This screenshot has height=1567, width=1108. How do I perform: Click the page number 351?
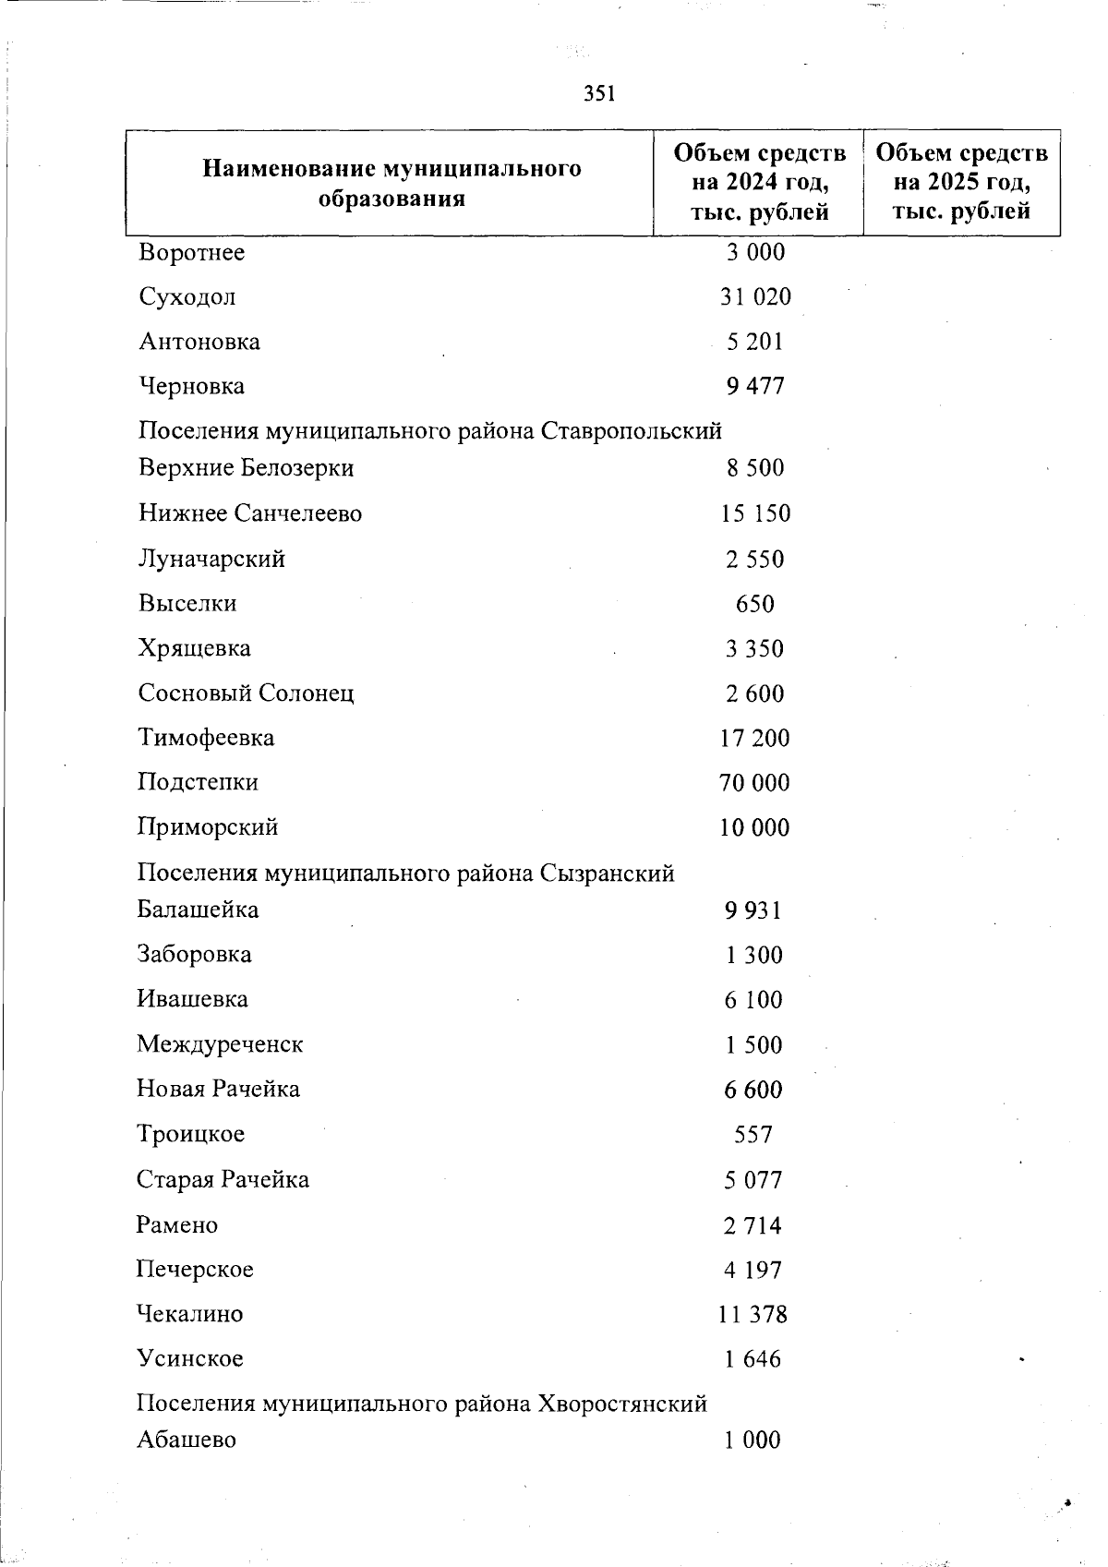click(x=600, y=93)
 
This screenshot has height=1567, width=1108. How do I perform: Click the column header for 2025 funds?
click(x=961, y=182)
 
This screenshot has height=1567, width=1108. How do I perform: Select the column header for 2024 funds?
click(x=759, y=182)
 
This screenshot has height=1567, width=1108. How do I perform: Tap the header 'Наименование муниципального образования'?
click(x=391, y=183)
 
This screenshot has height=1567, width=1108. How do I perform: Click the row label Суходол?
click(x=187, y=296)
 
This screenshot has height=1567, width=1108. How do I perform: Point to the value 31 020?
click(x=755, y=296)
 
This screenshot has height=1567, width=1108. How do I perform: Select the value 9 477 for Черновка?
click(x=755, y=386)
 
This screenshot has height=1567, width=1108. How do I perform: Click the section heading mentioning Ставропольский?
click(x=429, y=430)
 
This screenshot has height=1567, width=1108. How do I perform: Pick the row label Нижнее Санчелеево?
click(x=250, y=512)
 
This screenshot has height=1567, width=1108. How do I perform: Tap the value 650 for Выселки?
click(x=754, y=604)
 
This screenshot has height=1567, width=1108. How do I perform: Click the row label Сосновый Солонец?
click(x=246, y=693)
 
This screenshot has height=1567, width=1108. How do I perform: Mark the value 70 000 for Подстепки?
click(x=754, y=782)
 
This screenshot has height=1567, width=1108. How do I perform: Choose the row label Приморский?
click(x=208, y=826)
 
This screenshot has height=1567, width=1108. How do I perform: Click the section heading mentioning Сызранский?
click(x=405, y=873)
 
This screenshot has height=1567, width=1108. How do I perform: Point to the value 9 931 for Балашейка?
click(x=753, y=910)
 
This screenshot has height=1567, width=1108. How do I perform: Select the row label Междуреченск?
click(x=220, y=1043)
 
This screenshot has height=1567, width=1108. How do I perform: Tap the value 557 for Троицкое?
click(x=753, y=1134)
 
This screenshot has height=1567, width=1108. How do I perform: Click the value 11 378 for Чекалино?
click(x=753, y=1313)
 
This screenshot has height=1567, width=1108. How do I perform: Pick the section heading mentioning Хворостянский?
click(x=422, y=1404)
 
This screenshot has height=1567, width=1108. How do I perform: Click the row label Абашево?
click(x=187, y=1440)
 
